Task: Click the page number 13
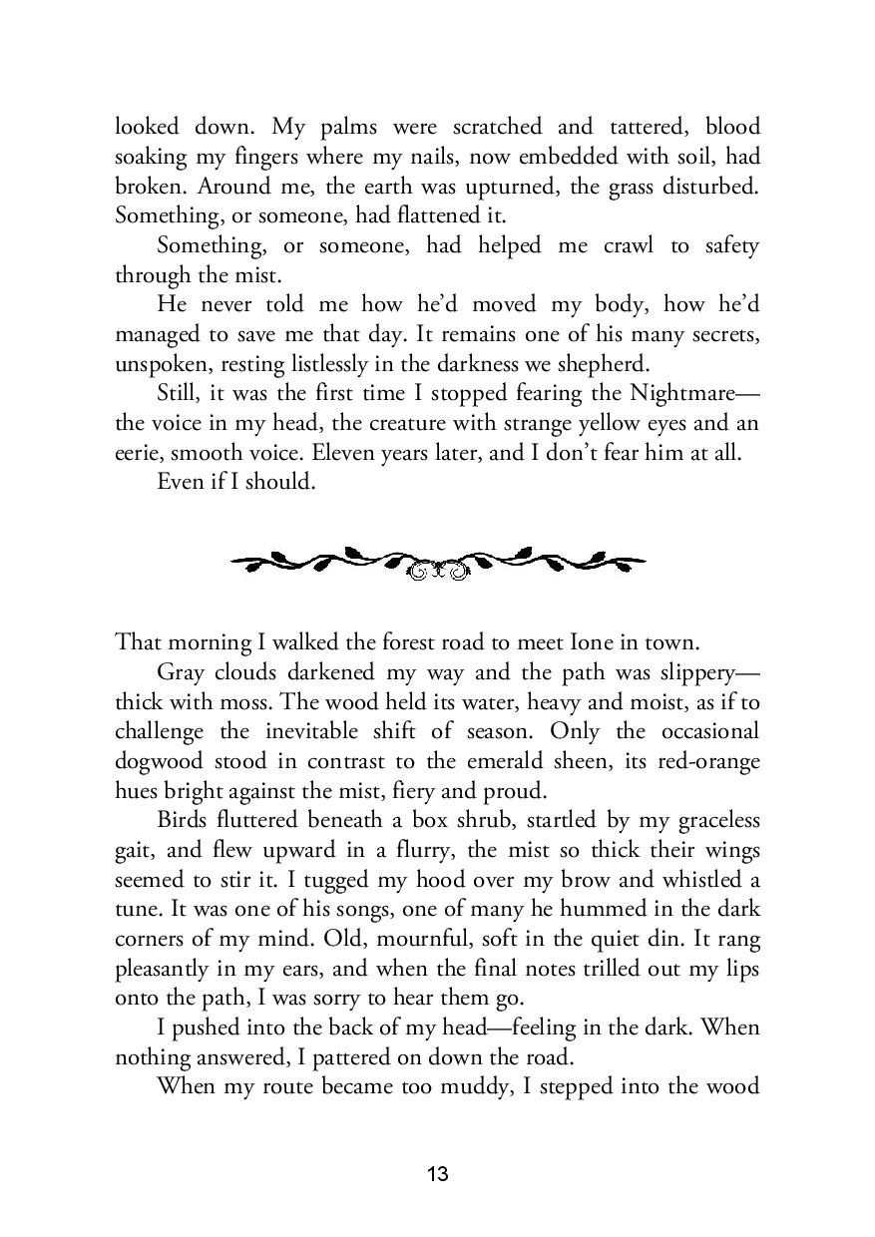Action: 437,1174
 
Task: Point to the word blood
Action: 732,127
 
